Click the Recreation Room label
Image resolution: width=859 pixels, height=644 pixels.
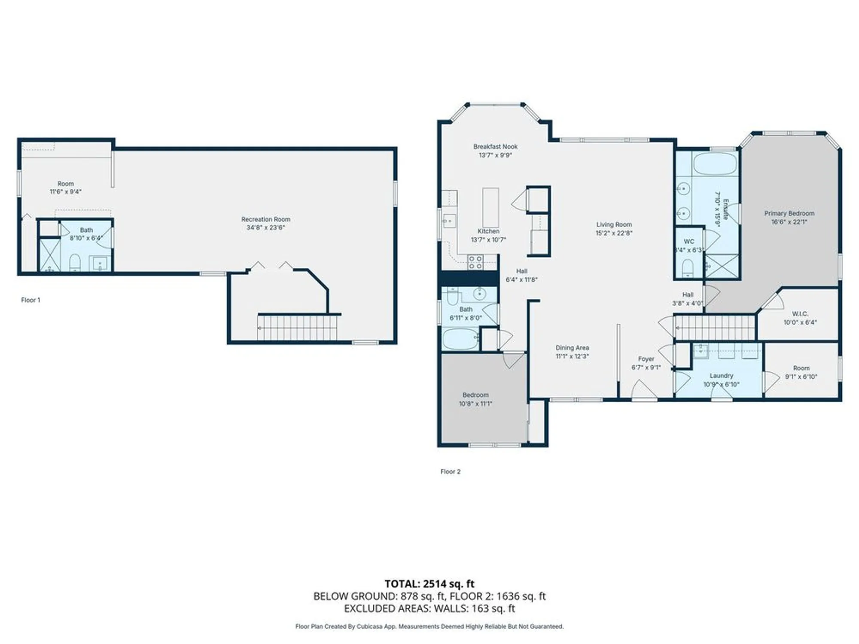click(x=265, y=219)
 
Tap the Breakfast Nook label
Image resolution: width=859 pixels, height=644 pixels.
click(x=495, y=146)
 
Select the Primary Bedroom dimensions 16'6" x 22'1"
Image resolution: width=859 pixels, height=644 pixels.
click(x=789, y=222)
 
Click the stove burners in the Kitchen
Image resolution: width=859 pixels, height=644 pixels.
click(x=475, y=262)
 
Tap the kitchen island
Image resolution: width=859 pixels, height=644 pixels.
click(x=490, y=207)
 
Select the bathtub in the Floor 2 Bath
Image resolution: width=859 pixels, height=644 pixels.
click(x=460, y=339)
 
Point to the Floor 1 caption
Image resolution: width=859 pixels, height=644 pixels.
click(x=30, y=300)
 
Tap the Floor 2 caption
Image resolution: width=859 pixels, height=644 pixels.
click(x=450, y=471)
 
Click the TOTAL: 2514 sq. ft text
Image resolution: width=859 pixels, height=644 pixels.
click(x=429, y=584)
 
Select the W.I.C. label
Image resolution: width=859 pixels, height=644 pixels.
click(x=800, y=314)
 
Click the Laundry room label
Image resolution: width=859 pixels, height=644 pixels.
click(x=721, y=376)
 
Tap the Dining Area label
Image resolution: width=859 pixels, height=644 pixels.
click(x=572, y=348)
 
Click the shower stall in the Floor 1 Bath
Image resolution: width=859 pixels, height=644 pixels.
click(x=50, y=255)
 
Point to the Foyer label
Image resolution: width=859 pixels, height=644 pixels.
click(x=646, y=359)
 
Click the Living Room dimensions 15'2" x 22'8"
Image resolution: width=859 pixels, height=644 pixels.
click(x=614, y=233)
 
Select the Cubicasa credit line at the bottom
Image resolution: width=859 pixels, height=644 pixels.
click(x=429, y=627)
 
